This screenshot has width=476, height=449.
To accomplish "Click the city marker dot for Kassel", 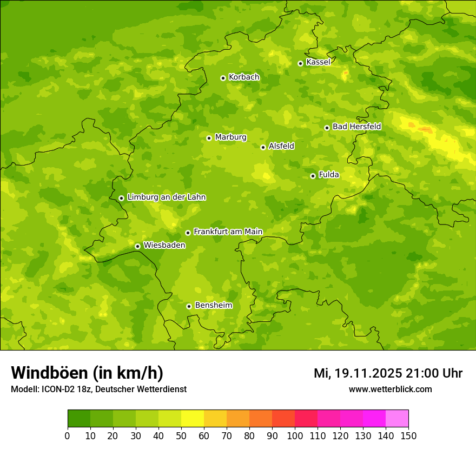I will click(x=300, y=63).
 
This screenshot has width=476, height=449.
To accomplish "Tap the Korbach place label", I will click(x=244, y=77).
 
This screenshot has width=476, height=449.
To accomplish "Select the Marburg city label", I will click(x=230, y=137).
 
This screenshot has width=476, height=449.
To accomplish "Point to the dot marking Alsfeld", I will click(x=263, y=147).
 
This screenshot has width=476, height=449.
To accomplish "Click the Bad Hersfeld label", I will click(x=356, y=127).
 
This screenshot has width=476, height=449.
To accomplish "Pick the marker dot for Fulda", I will click(x=313, y=176).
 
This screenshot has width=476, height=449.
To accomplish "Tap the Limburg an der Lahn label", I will click(x=166, y=197).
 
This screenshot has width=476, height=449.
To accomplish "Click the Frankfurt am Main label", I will click(x=228, y=232).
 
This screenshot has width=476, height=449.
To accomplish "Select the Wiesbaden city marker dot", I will click(x=137, y=246).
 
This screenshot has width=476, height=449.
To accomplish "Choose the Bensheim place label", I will click(x=213, y=306).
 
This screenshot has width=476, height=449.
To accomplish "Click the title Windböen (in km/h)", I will click(x=87, y=373).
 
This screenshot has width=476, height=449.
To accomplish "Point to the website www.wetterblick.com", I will click(x=390, y=389).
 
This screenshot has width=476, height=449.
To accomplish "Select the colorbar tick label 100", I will click(x=295, y=435).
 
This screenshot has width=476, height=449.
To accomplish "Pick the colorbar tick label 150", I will click(x=408, y=435).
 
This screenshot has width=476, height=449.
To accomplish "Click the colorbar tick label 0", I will click(x=68, y=435).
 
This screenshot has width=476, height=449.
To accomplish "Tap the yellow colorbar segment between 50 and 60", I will click(x=193, y=419).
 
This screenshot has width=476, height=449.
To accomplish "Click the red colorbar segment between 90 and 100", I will click(x=283, y=419).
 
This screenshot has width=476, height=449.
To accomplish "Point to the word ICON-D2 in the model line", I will click(x=57, y=389).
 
